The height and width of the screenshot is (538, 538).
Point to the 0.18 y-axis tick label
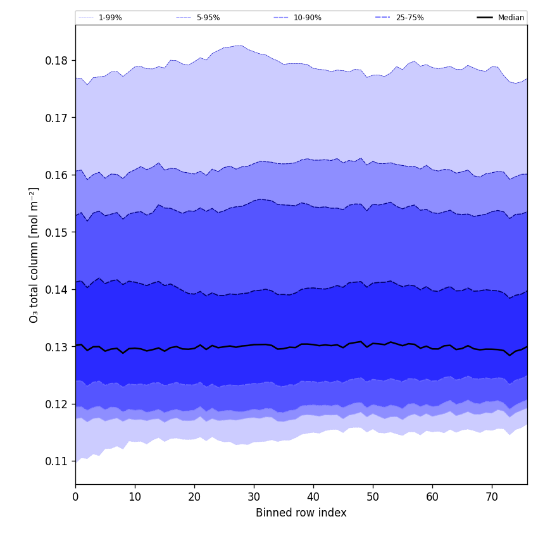click(57, 61)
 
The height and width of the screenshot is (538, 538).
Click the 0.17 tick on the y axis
click(57, 118)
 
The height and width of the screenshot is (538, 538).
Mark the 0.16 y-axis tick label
click(57, 175)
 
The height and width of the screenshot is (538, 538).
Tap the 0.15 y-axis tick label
click(57, 232)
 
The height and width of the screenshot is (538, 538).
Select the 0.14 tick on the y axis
click(57, 290)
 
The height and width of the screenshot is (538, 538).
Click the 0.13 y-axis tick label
click(57, 347)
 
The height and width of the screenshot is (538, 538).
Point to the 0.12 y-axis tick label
click(57, 404)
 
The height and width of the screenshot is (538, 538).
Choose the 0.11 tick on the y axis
click(57, 461)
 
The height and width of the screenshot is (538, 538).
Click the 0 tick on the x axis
click(75, 497)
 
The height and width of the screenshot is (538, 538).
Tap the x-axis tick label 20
click(194, 497)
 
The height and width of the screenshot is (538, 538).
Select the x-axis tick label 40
click(313, 497)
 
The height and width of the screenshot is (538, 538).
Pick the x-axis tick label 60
click(432, 497)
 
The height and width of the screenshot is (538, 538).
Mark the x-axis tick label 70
click(492, 497)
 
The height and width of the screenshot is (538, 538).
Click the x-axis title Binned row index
click(301, 513)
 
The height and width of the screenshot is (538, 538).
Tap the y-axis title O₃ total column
click(34, 254)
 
